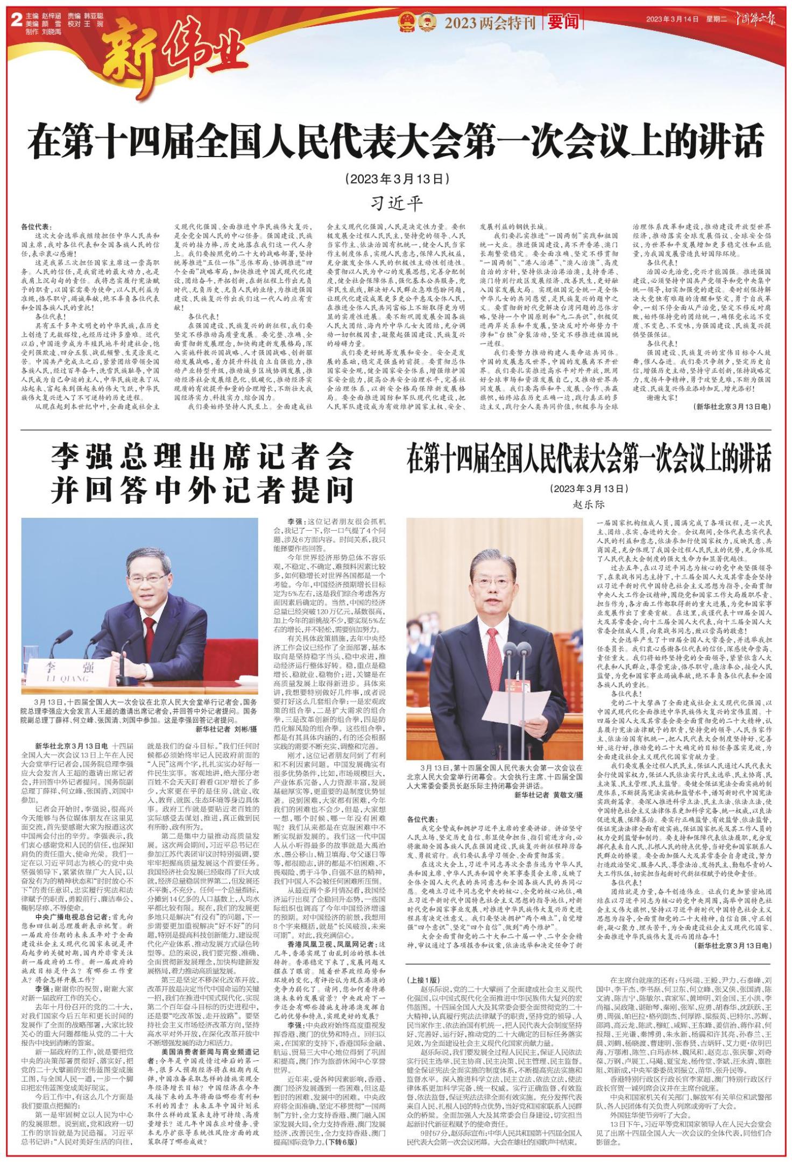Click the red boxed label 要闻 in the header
(x=563, y=22)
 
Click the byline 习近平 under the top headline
(x=396, y=203)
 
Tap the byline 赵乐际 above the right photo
(x=589, y=504)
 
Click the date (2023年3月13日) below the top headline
(x=395, y=178)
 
